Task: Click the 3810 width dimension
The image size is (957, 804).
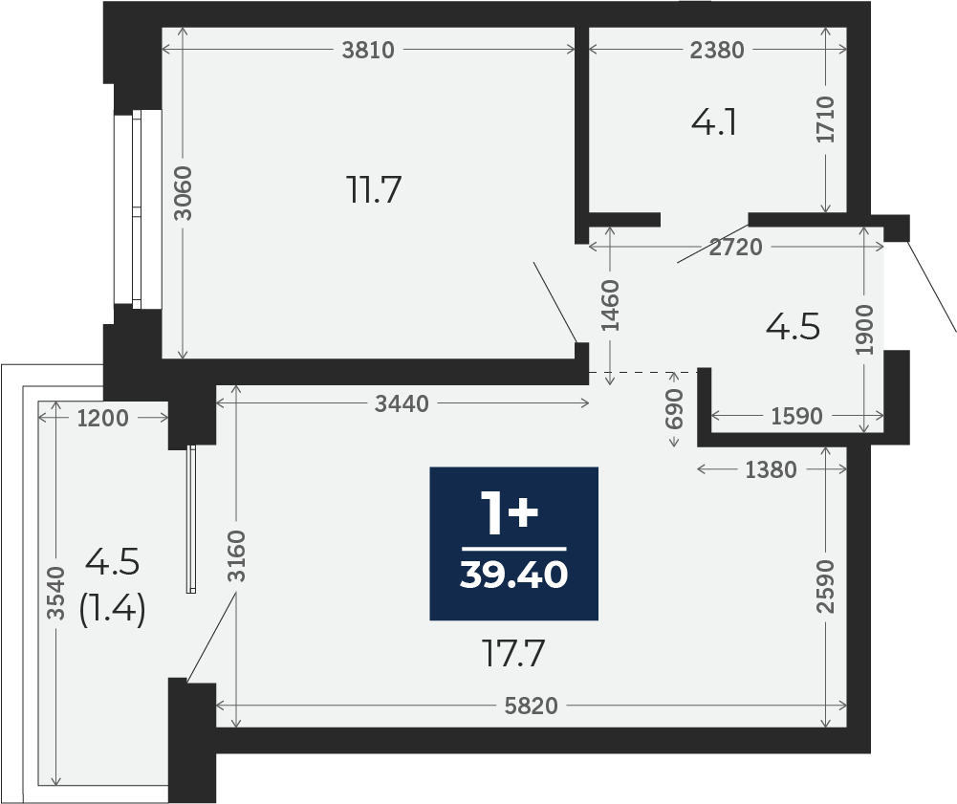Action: point(368,50)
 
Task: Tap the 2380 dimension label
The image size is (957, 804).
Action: point(717,50)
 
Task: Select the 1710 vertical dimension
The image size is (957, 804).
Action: point(825,120)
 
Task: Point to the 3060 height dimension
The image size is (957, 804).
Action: point(183,193)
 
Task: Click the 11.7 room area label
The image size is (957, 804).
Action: point(374,189)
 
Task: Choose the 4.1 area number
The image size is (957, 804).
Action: point(714,122)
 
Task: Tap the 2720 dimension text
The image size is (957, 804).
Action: point(735,247)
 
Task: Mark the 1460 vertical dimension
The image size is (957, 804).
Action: point(610,305)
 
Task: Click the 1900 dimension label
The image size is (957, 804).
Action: point(865,330)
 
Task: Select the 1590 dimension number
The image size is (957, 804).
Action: point(797,417)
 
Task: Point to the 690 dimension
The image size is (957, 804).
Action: point(674,409)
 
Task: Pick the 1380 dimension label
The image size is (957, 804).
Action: point(771,469)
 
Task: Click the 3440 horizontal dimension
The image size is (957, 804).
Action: point(402,403)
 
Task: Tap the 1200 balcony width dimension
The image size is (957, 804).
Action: point(103,418)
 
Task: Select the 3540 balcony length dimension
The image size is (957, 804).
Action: point(56,593)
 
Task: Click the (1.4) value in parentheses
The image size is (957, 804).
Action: point(112,609)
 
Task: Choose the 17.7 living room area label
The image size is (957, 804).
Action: point(512,653)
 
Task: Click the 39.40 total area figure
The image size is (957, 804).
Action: point(514,575)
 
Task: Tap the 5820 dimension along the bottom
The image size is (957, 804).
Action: point(531,706)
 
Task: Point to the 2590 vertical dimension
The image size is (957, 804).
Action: point(825,586)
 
